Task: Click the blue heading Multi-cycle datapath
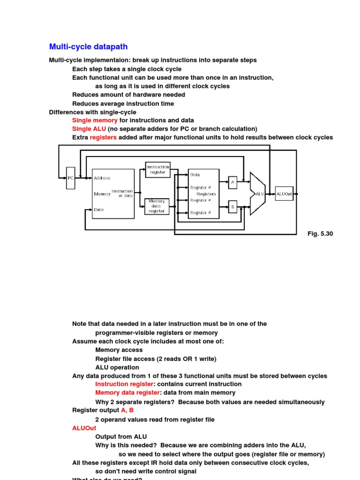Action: point(88,47)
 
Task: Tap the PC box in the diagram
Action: point(71,178)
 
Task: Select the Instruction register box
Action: point(157,170)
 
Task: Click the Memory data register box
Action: point(157,206)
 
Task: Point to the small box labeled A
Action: point(232,182)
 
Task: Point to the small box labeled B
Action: point(232,206)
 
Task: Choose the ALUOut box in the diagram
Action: point(284,194)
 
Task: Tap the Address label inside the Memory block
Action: point(102,178)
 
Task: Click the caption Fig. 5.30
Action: point(320,233)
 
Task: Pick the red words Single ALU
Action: point(89,129)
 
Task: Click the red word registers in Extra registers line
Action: point(103,137)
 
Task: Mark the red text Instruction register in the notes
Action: point(124,384)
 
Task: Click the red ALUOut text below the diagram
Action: point(84,428)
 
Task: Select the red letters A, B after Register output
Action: point(127,410)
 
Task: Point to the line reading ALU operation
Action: point(117,367)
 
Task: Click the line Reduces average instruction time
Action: point(123,104)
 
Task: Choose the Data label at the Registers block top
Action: point(195,175)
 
